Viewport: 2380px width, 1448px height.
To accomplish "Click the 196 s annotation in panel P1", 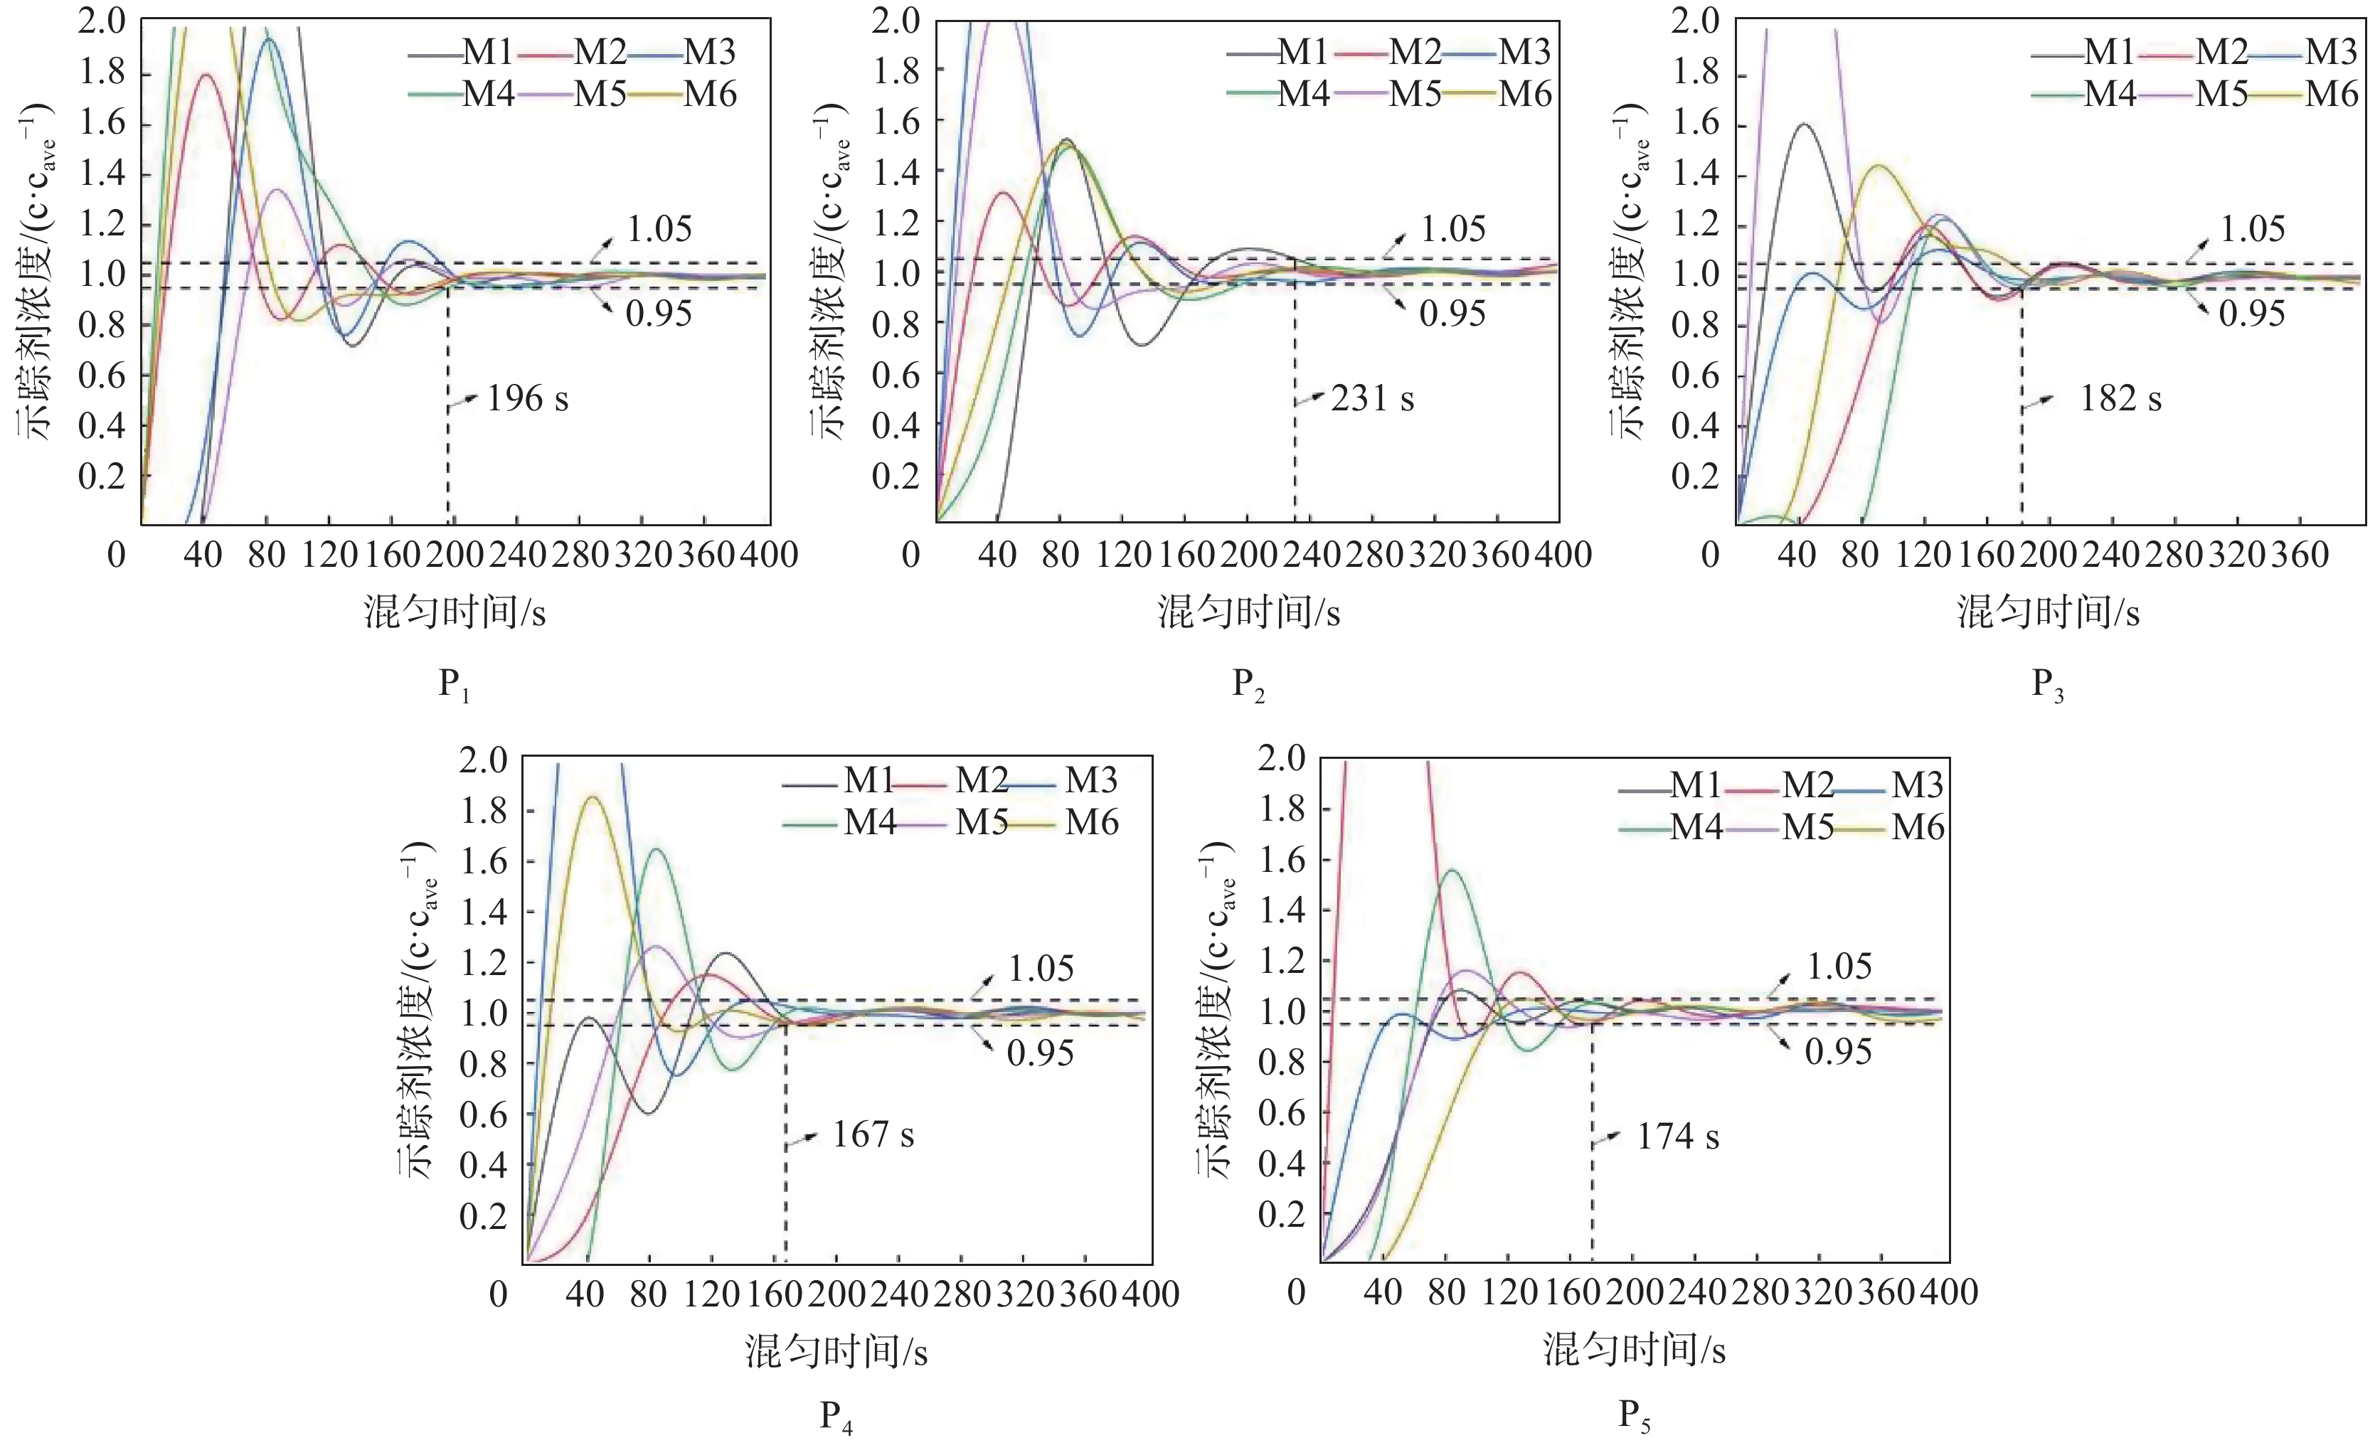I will (x=526, y=398).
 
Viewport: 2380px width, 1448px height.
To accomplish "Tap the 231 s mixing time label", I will (x=1371, y=398).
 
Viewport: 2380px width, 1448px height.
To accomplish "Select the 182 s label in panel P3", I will (x=2120, y=398).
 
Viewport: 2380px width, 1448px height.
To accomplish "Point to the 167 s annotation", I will (x=873, y=1134).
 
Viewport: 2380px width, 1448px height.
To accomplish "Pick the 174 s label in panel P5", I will (x=1678, y=1137).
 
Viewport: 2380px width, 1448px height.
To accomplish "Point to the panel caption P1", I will (x=454, y=685).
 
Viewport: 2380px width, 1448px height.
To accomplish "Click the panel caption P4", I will (x=836, y=1417).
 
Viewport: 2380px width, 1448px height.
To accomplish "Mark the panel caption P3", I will (x=2047, y=685).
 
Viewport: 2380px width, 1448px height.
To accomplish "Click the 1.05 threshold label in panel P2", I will (x=1452, y=229).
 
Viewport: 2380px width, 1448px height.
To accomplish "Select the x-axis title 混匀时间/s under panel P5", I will (x=1635, y=1348).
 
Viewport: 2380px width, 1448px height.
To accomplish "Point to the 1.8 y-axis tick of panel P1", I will (x=102, y=75).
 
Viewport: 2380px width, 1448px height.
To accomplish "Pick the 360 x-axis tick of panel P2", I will (x=1499, y=555).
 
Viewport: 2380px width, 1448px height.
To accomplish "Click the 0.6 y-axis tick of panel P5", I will (x=1282, y=1113).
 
